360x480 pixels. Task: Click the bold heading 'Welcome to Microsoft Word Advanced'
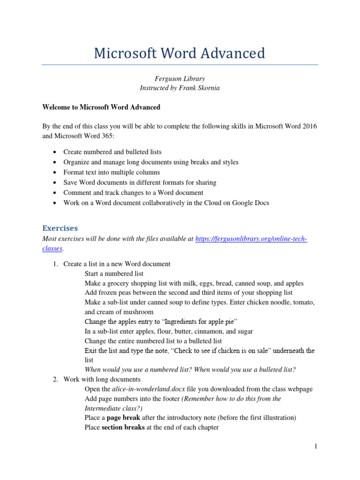pos(101,107)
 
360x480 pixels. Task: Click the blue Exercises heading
pos(60,228)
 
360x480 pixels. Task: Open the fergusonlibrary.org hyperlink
pos(251,239)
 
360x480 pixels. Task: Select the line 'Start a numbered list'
pos(114,273)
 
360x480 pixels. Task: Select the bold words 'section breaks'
pos(123,427)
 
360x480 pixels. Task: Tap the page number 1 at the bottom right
pos(316,447)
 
